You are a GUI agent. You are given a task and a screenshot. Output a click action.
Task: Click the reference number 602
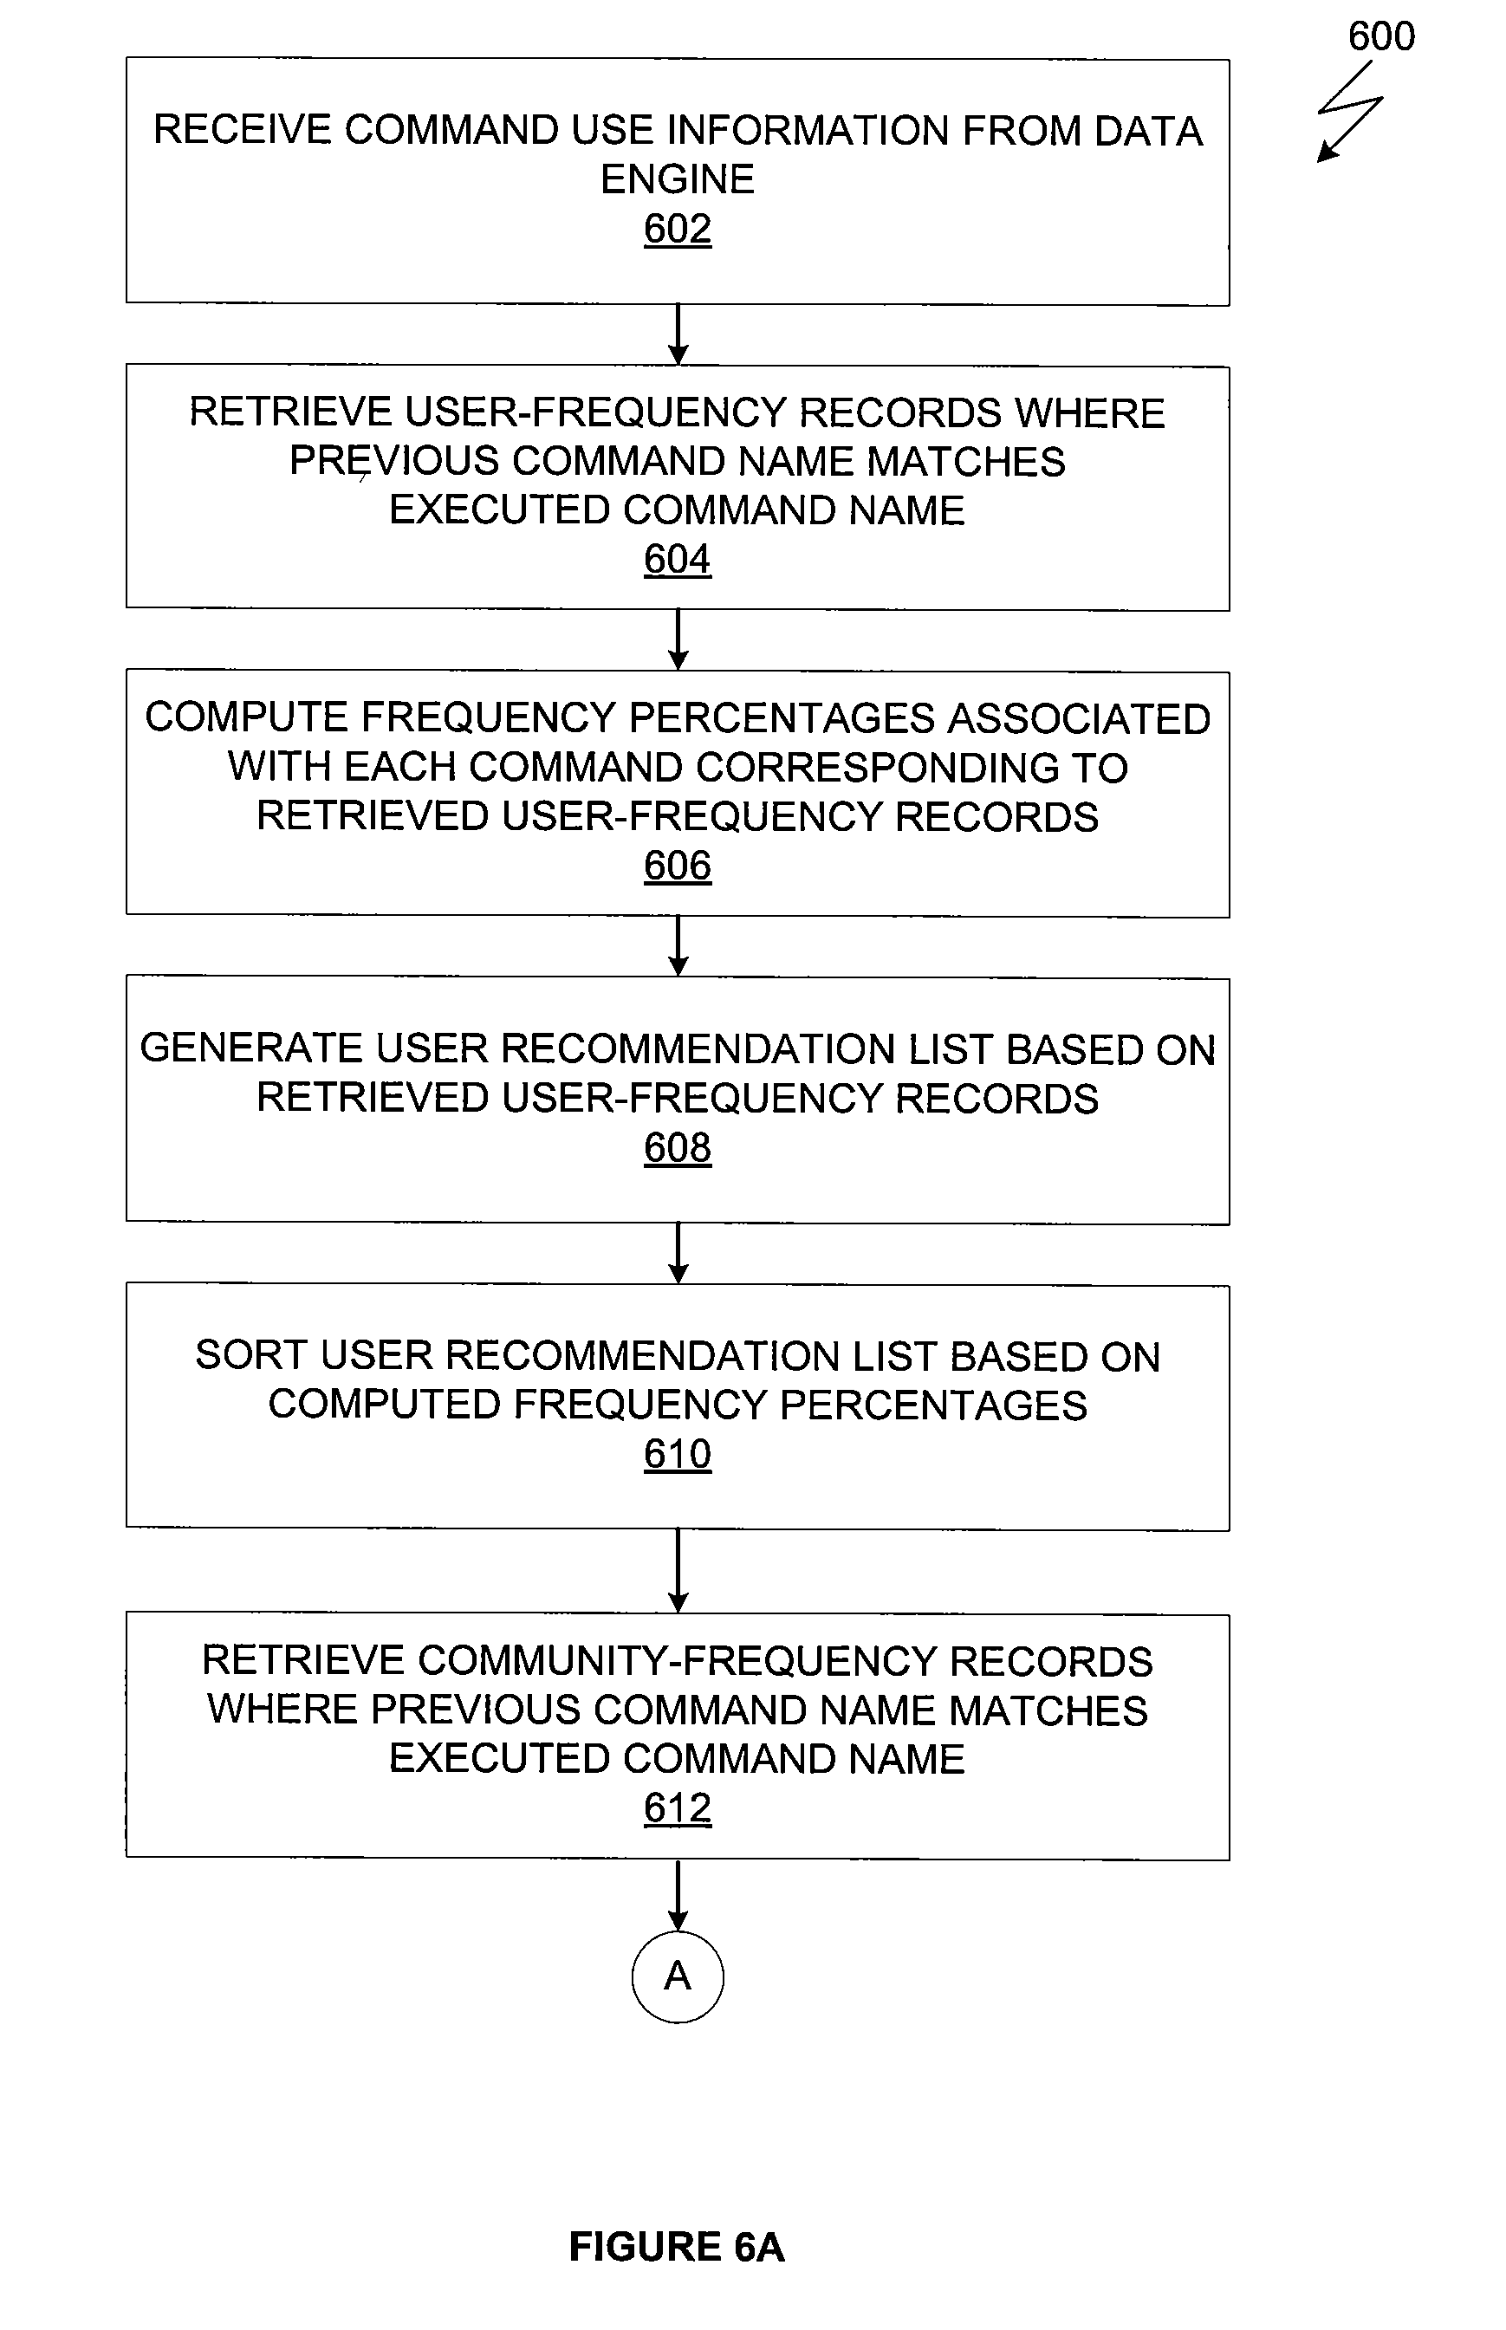[x=677, y=229]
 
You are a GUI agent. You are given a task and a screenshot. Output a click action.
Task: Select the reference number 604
[x=677, y=559]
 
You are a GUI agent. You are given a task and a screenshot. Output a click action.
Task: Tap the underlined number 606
[x=677, y=866]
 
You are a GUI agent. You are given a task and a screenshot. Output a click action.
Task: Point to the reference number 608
[x=677, y=1147]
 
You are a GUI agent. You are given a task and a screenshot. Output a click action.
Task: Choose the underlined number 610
[x=677, y=1453]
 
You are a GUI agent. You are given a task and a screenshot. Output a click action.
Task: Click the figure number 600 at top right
[x=1381, y=37]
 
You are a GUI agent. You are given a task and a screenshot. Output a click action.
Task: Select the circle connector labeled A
[x=678, y=1977]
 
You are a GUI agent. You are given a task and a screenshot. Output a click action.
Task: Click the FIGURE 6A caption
[x=677, y=2247]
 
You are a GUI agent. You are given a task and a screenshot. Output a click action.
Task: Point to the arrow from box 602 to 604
[x=678, y=334]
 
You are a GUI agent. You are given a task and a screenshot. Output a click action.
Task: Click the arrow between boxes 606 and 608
[x=678, y=946]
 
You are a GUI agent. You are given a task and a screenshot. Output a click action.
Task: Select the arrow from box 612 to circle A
[x=678, y=1895]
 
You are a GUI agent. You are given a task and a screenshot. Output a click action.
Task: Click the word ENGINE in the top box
[x=677, y=178]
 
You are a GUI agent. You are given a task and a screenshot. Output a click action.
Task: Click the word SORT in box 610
[x=250, y=1355]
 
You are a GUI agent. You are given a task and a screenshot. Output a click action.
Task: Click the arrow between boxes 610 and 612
[x=678, y=1571]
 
